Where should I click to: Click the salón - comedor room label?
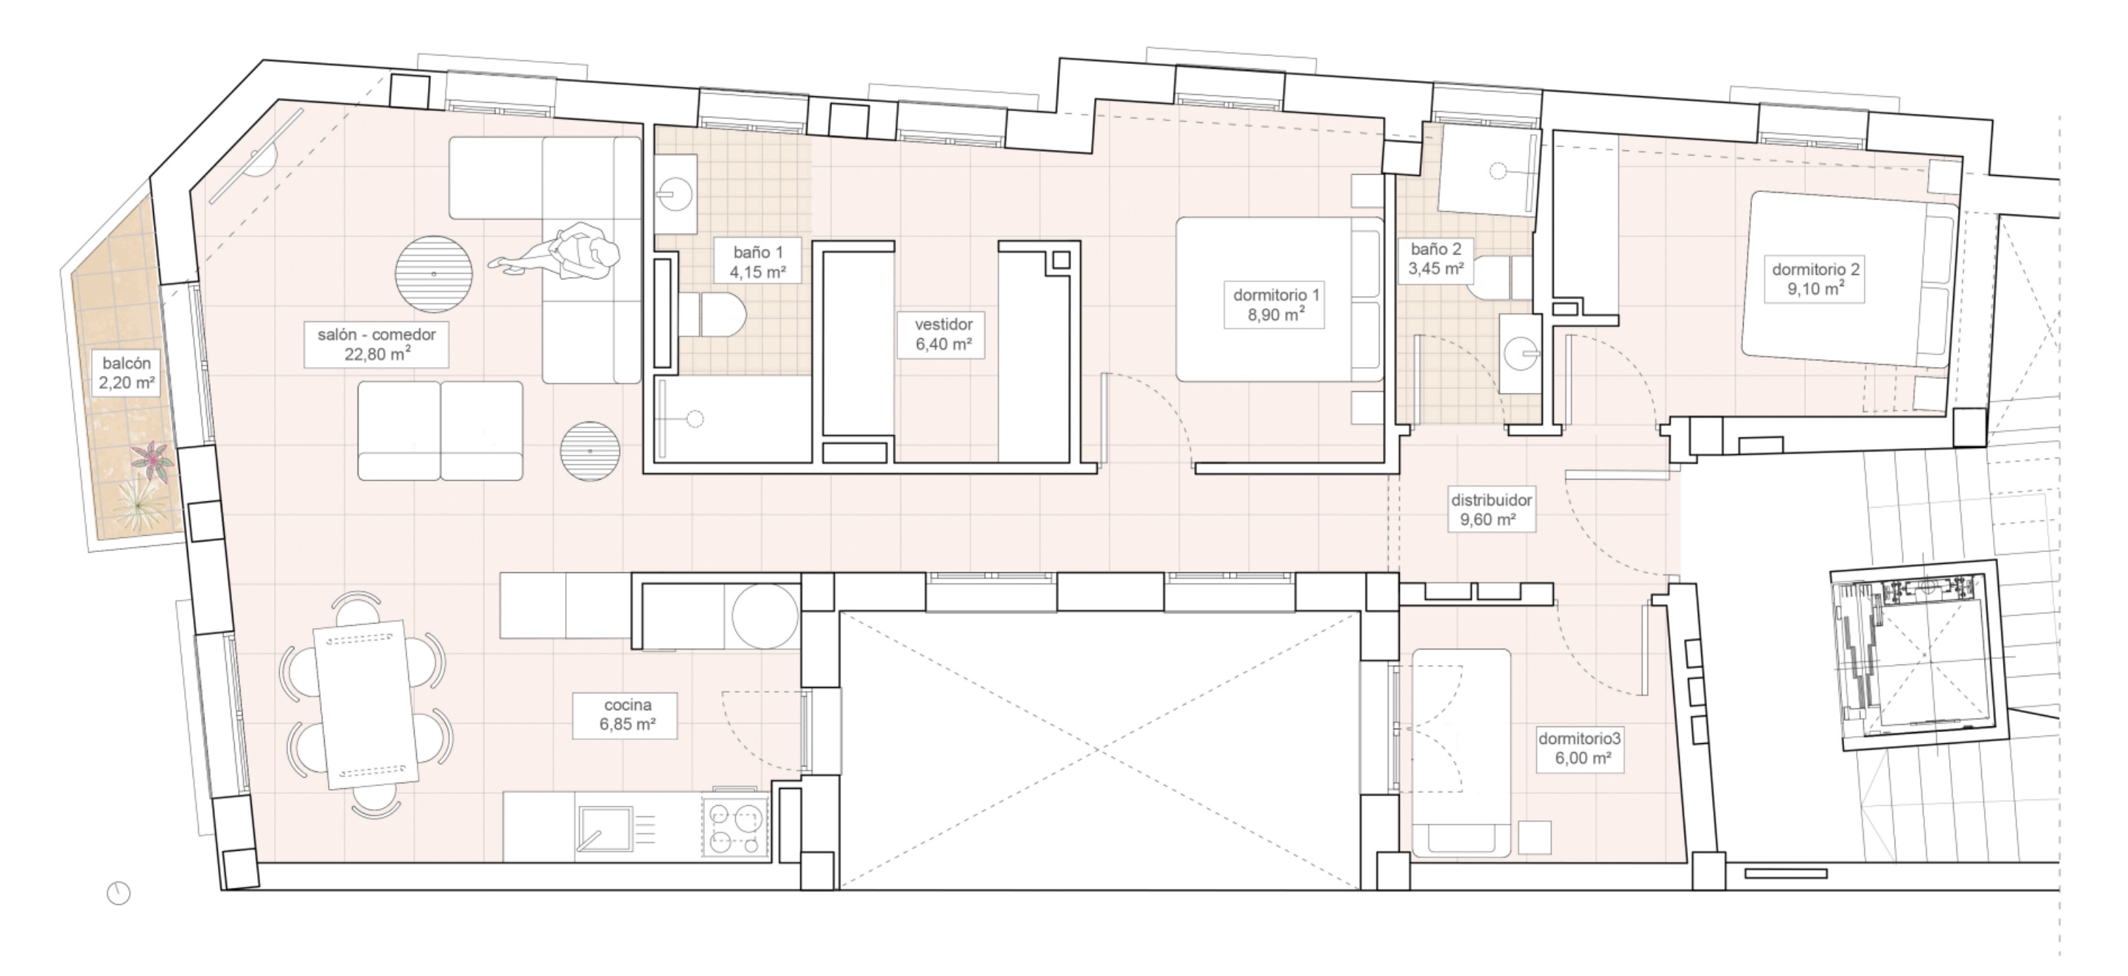coord(376,345)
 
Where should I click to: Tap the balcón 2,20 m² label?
coord(126,373)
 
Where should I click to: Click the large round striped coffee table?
coord(434,274)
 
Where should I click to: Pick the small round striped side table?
coord(590,451)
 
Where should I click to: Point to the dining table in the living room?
coord(365,703)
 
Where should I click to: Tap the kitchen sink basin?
coord(604,828)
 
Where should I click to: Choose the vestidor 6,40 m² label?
coord(942,334)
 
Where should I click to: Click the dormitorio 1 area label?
coord(1276,304)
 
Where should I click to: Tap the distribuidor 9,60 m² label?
coord(1491,510)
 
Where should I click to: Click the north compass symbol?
coord(119,893)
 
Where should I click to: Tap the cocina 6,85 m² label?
coord(627,715)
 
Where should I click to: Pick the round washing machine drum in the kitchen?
coord(764,617)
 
